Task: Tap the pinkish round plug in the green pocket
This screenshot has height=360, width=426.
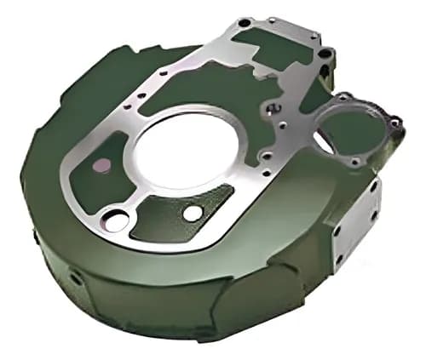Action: pos(101,165)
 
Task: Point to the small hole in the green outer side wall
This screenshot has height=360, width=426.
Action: pos(76,277)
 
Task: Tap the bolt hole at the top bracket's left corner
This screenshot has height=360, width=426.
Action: pos(245,23)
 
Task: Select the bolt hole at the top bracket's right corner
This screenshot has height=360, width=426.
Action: pos(316,37)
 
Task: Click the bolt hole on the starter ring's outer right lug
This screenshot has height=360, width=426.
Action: pos(394,123)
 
